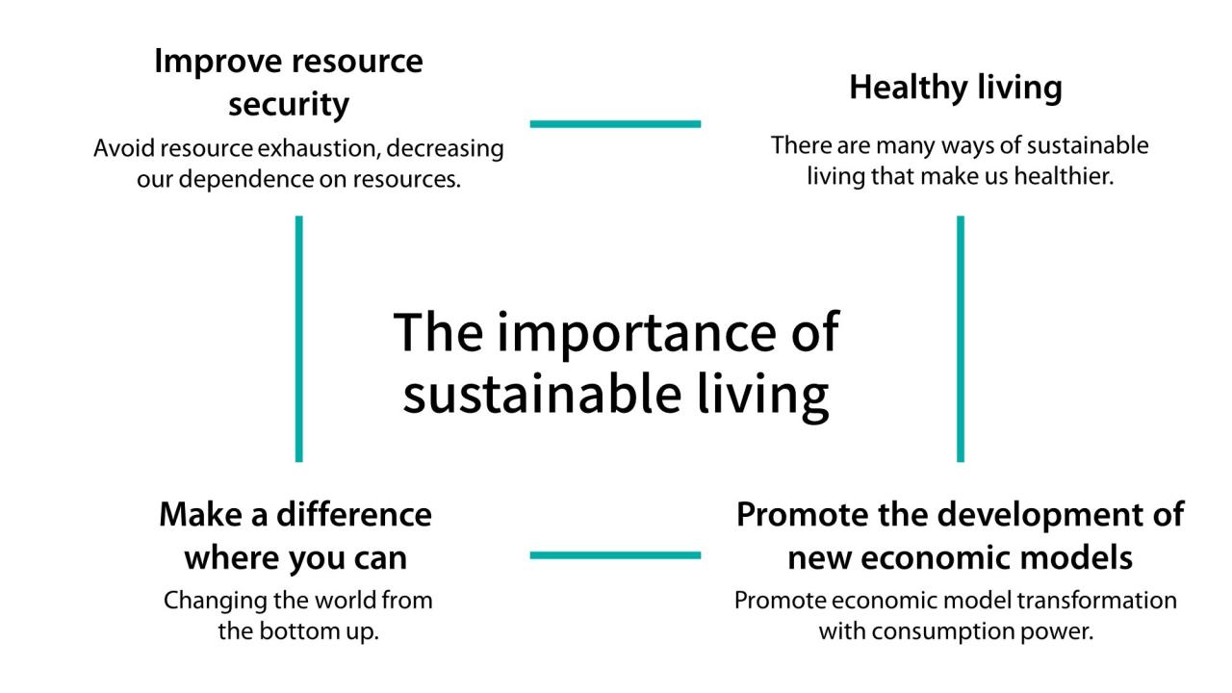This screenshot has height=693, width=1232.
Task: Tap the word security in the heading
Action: [x=289, y=105]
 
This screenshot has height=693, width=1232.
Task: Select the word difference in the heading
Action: [x=354, y=514]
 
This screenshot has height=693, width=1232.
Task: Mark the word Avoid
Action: [x=120, y=150]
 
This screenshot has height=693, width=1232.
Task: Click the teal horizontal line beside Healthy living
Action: [x=615, y=123]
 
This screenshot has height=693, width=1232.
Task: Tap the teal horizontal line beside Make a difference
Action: [x=615, y=555]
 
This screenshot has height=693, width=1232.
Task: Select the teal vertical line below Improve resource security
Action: [x=298, y=339]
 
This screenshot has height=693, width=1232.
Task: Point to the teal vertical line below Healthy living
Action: [x=960, y=339]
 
